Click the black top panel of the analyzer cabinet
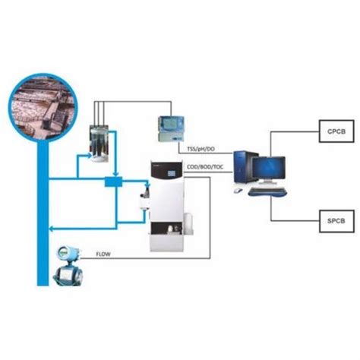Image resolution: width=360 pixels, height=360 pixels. click(166, 172)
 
